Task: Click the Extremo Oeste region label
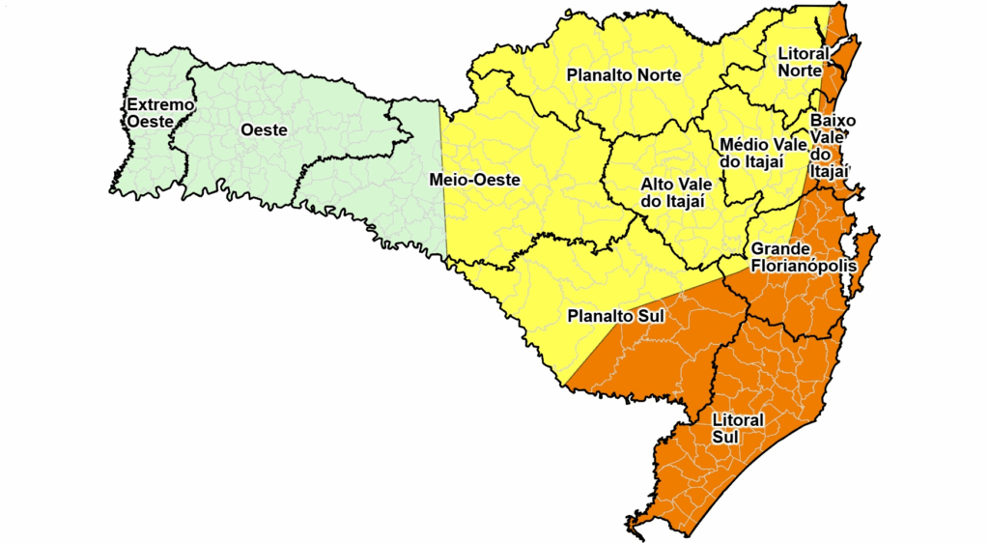(160, 113)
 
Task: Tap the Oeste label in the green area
(263, 129)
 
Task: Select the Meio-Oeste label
(474, 180)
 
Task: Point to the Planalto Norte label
(624, 74)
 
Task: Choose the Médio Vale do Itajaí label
(764, 153)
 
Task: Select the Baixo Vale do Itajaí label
(830, 145)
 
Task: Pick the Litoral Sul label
(738, 428)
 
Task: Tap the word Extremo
(160, 104)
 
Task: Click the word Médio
(743, 145)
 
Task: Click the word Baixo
(830, 120)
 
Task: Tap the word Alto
(659, 184)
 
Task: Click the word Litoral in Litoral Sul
(738, 420)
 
